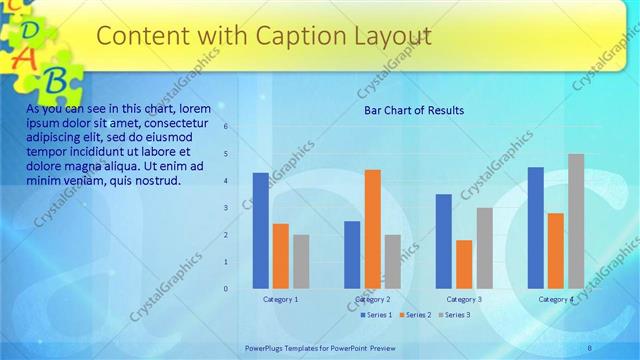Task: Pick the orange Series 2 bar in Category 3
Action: click(464, 264)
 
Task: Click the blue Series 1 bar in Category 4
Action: click(536, 227)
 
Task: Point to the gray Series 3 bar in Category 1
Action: click(301, 261)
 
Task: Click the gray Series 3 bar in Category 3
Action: click(484, 248)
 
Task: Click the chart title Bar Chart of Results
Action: click(413, 110)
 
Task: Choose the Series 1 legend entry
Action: click(375, 315)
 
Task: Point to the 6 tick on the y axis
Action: click(227, 127)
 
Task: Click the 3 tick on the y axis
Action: click(227, 208)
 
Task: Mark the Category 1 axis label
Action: click(280, 299)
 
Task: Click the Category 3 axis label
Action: click(464, 299)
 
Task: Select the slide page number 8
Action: click(590, 347)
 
